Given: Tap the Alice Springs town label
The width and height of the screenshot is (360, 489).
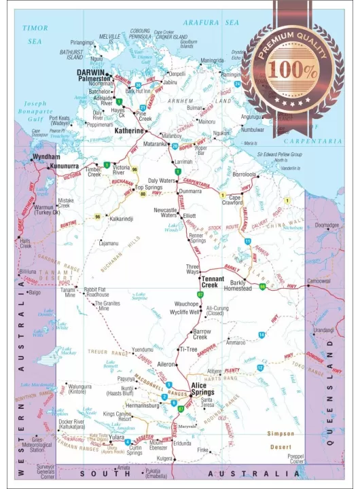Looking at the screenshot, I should (203, 388).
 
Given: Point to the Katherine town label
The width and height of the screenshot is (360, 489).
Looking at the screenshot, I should (129, 130).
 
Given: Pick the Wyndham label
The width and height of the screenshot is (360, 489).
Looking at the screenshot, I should (47, 157).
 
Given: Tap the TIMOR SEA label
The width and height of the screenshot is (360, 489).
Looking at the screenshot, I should (35, 35).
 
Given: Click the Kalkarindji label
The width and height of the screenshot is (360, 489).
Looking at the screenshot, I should (121, 219).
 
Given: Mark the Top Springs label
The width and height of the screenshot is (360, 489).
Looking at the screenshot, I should (148, 187).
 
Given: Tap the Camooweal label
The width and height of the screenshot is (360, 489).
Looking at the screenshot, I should (319, 280).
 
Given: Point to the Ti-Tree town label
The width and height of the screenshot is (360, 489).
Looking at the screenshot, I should (188, 349).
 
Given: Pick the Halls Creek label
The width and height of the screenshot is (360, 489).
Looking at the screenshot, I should (26, 243).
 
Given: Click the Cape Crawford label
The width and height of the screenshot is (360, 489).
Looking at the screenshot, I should (232, 199).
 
